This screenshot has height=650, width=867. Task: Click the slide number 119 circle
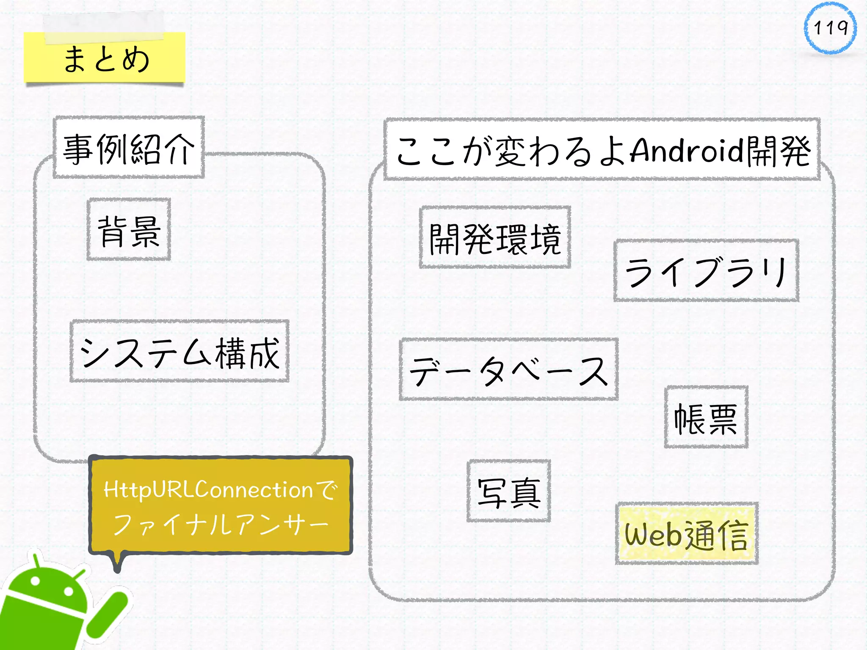pyautogui.click(x=830, y=28)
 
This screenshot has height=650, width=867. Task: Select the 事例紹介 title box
pyautogui.click(x=129, y=148)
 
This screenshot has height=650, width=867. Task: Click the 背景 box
pyautogui.click(x=129, y=230)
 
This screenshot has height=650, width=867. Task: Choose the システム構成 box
pyautogui.click(x=179, y=351)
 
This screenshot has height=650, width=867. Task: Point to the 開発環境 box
pyautogui.click(x=495, y=238)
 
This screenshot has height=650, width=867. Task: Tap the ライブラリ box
pyautogui.click(x=706, y=271)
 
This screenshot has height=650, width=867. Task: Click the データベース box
pyautogui.click(x=508, y=370)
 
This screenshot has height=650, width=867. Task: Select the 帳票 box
pyautogui.click(x=706, y=417)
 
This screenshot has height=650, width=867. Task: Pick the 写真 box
pyautogui.click(x=508, y=491)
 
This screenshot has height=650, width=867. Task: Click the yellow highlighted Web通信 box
pyautogui.click(x=686, y=534)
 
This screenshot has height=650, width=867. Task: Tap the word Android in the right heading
pyautogui.click(x=686, y=150)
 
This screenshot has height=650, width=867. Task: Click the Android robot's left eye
pyautogui.click(x=35, y=581)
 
